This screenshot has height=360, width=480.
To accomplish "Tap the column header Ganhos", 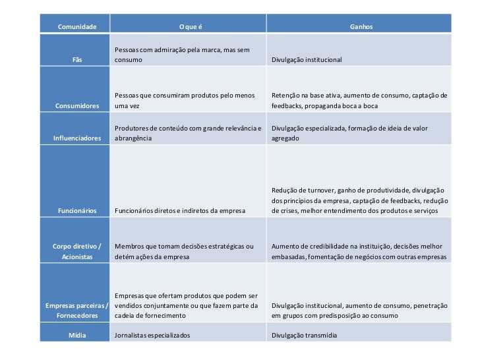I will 361,27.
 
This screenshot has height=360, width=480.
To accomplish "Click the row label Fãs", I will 77,60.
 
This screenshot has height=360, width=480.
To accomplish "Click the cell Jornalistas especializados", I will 152,335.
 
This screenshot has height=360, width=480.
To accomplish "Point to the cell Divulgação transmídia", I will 304,335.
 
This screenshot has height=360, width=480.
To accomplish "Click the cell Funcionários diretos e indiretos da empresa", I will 180,211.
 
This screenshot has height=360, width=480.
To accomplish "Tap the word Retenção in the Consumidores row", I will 286,95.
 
